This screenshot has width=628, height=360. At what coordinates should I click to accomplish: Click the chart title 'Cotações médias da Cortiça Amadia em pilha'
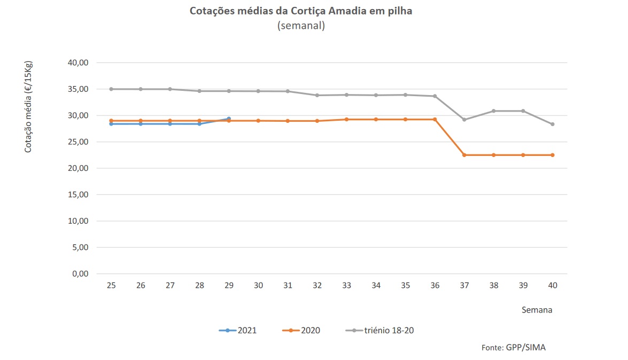click(x=301, y=11)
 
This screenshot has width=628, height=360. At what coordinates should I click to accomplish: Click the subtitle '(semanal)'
click(x=301, y=26)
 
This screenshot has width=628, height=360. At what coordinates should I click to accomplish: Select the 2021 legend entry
click(x=238, y=331)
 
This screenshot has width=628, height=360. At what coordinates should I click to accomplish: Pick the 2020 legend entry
click(x=301, y=331)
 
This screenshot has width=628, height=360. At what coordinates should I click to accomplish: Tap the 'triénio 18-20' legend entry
click(x=379, y=331)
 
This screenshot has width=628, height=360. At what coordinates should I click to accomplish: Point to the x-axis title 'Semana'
click(x=537, y=310)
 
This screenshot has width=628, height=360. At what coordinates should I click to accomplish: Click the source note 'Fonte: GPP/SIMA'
click(x=514, y=347)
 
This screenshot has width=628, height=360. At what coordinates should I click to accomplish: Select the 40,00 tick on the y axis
click(x=79, y=63)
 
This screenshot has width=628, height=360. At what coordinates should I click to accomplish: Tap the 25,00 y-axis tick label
click(x=79, y=142)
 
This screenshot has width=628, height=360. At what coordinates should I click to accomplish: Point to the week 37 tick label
click(x=464, y=286)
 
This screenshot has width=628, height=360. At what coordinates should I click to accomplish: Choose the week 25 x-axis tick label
click(x=111, y=286)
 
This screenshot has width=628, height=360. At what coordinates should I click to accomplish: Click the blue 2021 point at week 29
click(x=229, y=119)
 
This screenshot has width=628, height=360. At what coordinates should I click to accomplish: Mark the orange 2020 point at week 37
click(x=464, y=155)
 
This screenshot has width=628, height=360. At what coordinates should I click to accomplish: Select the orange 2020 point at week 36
click(x=435, y=119)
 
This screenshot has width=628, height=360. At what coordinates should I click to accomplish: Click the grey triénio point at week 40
click(x=552, y=124)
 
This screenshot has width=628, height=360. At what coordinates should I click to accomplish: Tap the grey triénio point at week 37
click(x=464, y=120)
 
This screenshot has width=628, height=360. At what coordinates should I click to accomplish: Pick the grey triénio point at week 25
click(x=111, y=89)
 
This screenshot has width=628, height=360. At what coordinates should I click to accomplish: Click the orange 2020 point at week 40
click(x=552, y=155)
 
